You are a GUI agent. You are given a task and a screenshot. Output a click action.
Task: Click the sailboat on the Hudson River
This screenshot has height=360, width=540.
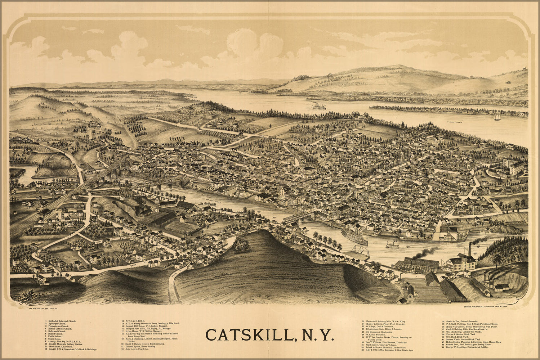point(497,117)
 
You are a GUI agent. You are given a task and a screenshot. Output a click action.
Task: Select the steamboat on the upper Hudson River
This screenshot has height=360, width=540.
point(319,106)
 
